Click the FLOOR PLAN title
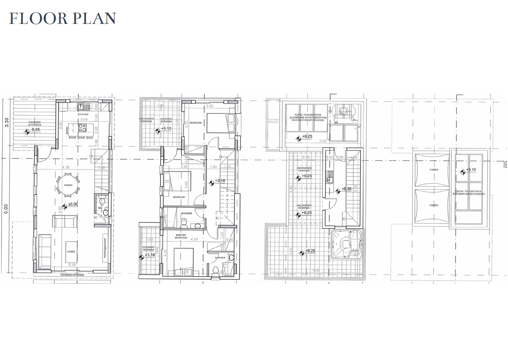62,19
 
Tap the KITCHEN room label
83,114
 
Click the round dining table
68,185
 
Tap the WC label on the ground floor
100,208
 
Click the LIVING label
71,252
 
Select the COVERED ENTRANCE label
34,123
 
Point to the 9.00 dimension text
6,210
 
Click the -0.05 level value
35,130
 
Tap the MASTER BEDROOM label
181,236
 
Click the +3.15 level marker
220,181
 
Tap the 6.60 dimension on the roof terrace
316,270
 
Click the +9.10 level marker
471,170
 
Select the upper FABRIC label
434,170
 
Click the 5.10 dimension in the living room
72,265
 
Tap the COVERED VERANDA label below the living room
72,275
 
